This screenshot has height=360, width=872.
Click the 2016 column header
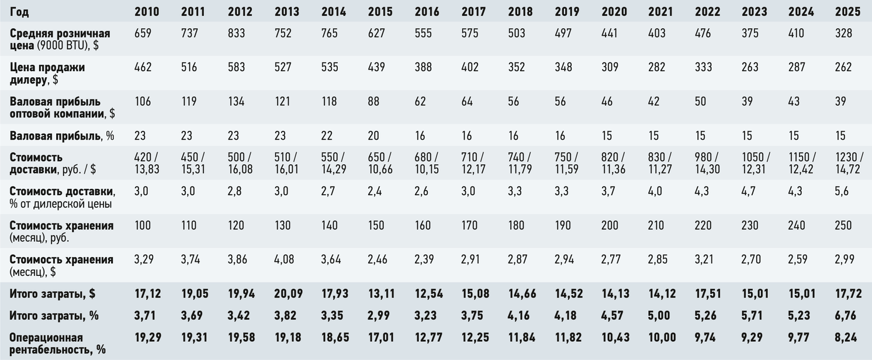coord(427,12)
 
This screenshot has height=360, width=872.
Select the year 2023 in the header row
coord(754,12)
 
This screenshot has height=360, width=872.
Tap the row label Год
coord(19,12)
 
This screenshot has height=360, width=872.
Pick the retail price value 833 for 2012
coord(236,33)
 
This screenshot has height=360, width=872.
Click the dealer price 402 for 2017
coord(470,67)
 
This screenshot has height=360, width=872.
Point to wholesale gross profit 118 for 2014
coord(329,101)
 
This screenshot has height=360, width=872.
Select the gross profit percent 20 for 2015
coord(373,136)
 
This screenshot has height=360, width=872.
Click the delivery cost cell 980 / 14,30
coord(707,163)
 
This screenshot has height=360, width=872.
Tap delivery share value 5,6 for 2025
coord(842,191)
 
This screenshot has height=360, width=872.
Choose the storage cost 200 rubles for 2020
coord(610,226)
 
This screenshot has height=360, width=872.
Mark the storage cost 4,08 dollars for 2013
coord(284,259)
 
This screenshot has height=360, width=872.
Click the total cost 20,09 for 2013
coord(289,293)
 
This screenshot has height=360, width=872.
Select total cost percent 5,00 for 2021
coord(659,315)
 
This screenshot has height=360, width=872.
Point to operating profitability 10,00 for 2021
coord(662,337)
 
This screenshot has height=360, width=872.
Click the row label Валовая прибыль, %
coord(62,136)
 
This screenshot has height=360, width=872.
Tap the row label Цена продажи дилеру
coord(47,73)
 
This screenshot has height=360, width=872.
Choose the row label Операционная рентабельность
coord(58,343)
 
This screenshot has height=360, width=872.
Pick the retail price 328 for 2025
coord(843,33)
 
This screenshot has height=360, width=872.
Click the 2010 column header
coord(147,12)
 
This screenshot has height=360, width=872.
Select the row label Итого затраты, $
coord(52,294)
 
